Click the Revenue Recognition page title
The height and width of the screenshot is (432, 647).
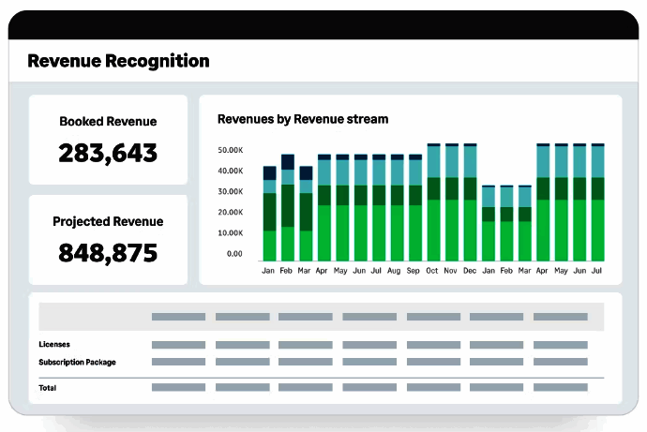point(118,62)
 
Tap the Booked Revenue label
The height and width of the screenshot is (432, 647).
point(108,122)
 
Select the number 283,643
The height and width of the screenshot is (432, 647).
point(108,153)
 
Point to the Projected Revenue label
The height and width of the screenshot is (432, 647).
point(108,222)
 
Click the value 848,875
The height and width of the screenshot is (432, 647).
point(108,253)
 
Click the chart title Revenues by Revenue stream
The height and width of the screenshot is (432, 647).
point(303,119)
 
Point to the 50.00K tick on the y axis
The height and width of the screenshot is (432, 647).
point(230,150)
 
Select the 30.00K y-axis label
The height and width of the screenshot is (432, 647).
point(230,192)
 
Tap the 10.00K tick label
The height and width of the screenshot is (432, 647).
point(230,233)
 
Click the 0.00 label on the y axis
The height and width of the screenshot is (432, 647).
point(233,254)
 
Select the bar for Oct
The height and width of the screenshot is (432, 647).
point(433,202)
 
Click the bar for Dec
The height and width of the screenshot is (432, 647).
point(470,202)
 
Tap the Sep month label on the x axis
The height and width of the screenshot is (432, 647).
point(414,271)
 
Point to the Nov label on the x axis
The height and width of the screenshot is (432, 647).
point(451,271)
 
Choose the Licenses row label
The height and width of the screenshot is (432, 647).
point(54,345)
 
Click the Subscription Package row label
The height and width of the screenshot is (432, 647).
point(77,362)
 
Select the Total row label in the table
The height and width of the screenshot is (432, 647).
point(47,387)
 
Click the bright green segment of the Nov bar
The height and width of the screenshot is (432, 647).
point(452,231)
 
